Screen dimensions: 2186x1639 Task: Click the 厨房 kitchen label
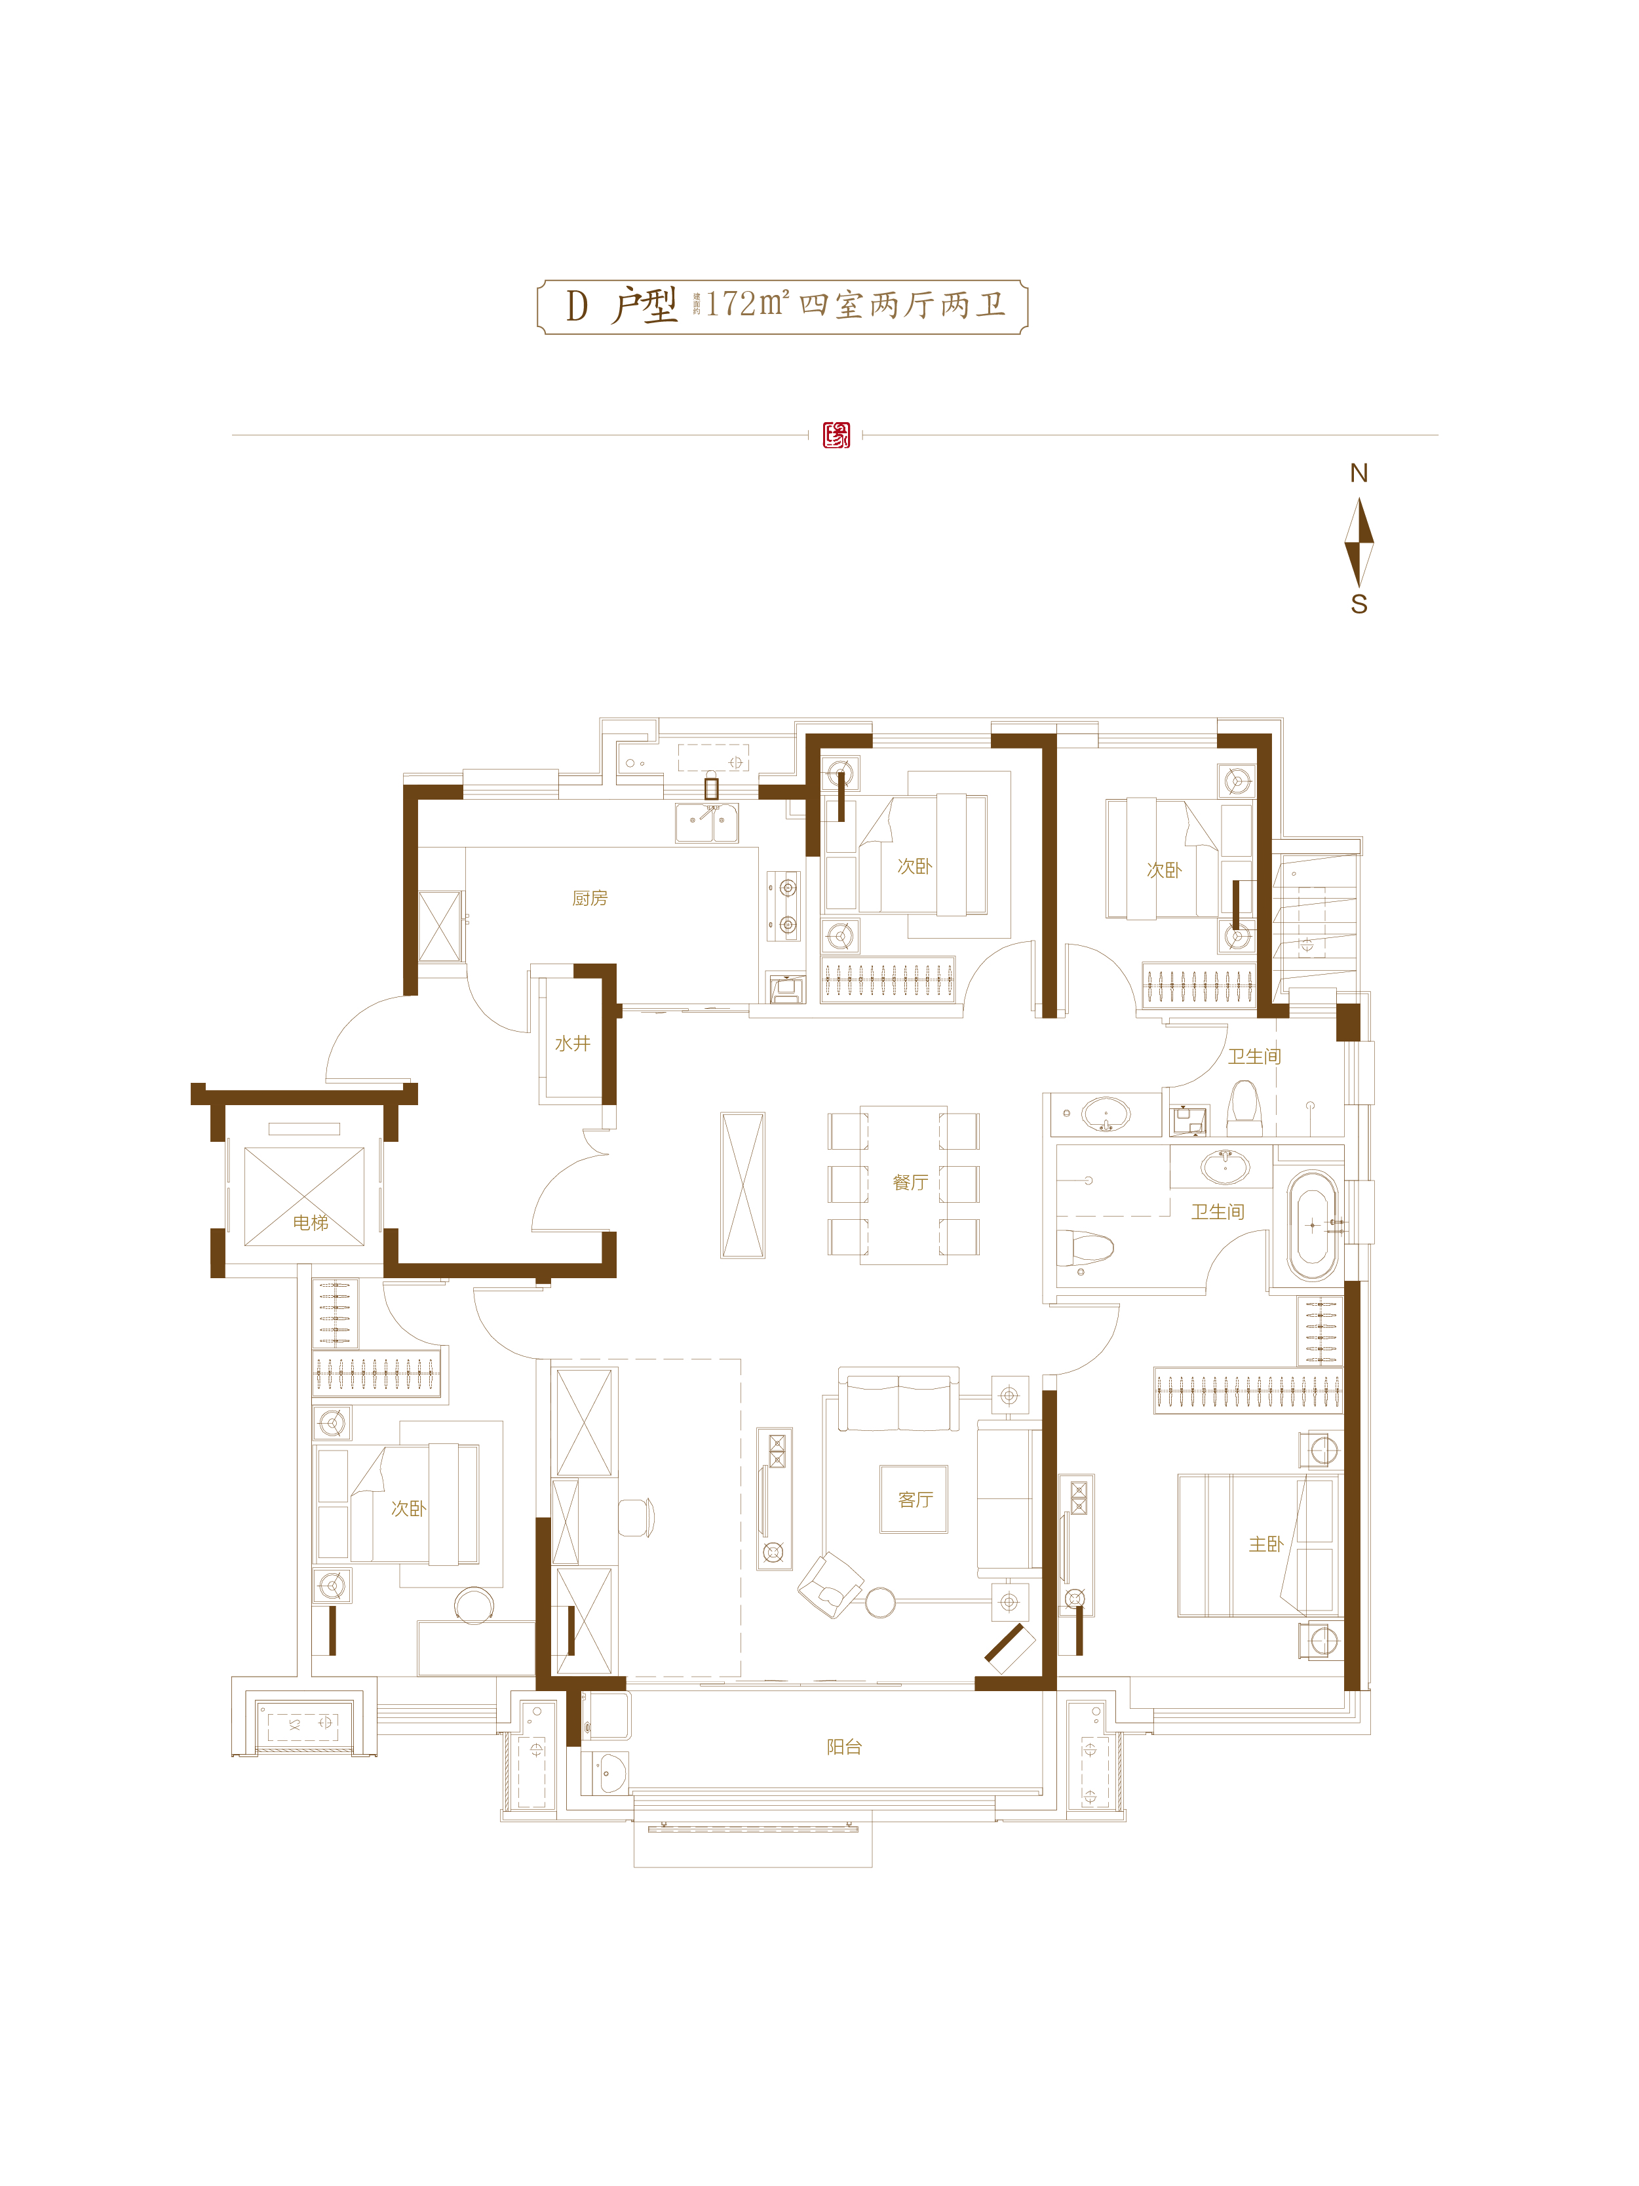coord(590,898)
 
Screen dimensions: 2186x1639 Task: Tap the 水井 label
coord(572,1044)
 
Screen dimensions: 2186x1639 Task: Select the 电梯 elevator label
coord(310,1222)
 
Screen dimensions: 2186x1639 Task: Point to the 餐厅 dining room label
coord(910,1183)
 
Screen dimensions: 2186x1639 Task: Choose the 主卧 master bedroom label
coord(1265,1544)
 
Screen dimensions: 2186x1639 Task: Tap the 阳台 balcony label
coord(843,1746)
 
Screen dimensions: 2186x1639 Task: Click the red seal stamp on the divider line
coord(836,435)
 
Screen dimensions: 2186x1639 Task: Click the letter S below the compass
coord(1359,605)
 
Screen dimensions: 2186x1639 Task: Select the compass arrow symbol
coord(1359,541)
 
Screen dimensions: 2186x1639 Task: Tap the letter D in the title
coord(577,306)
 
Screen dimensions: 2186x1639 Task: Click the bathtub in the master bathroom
coord(1312,1226)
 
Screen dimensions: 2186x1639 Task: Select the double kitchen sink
coord(706,822)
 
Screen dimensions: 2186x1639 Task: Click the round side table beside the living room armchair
coord(880,1602)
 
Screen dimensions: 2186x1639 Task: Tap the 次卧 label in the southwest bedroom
coord(408,1508)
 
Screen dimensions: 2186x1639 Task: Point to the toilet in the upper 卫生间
coord(1244,1109)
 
